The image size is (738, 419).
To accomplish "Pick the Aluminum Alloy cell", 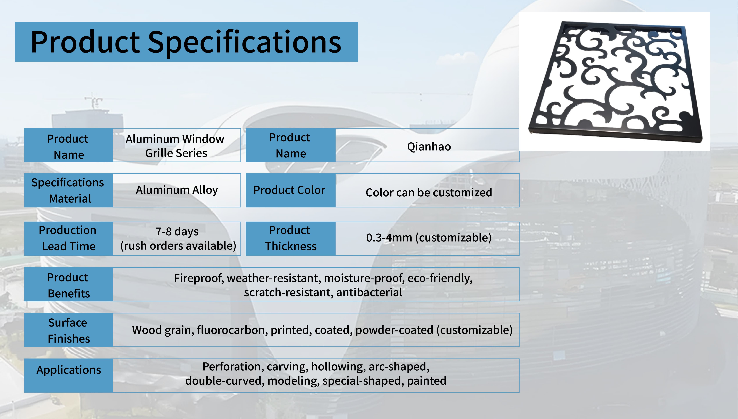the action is [x=177, y=190].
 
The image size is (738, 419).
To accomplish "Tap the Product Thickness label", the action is [x=290, y=239].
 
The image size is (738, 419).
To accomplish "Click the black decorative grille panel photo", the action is [x=616, y=81].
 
